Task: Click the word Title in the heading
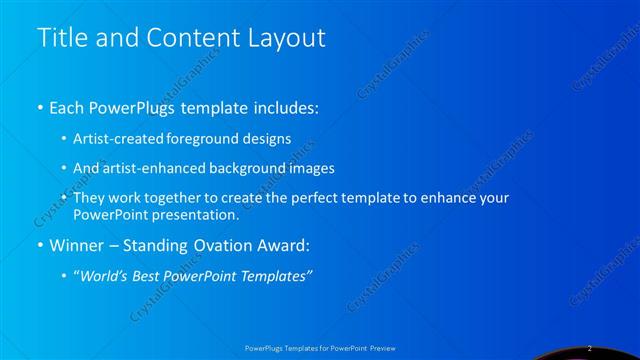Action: [58, 38]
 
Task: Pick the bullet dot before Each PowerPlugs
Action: [39, 108]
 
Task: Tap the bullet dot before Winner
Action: [39, 245]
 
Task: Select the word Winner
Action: [76, 244]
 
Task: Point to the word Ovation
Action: [210, 244]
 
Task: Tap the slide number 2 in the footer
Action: [590, 348]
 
